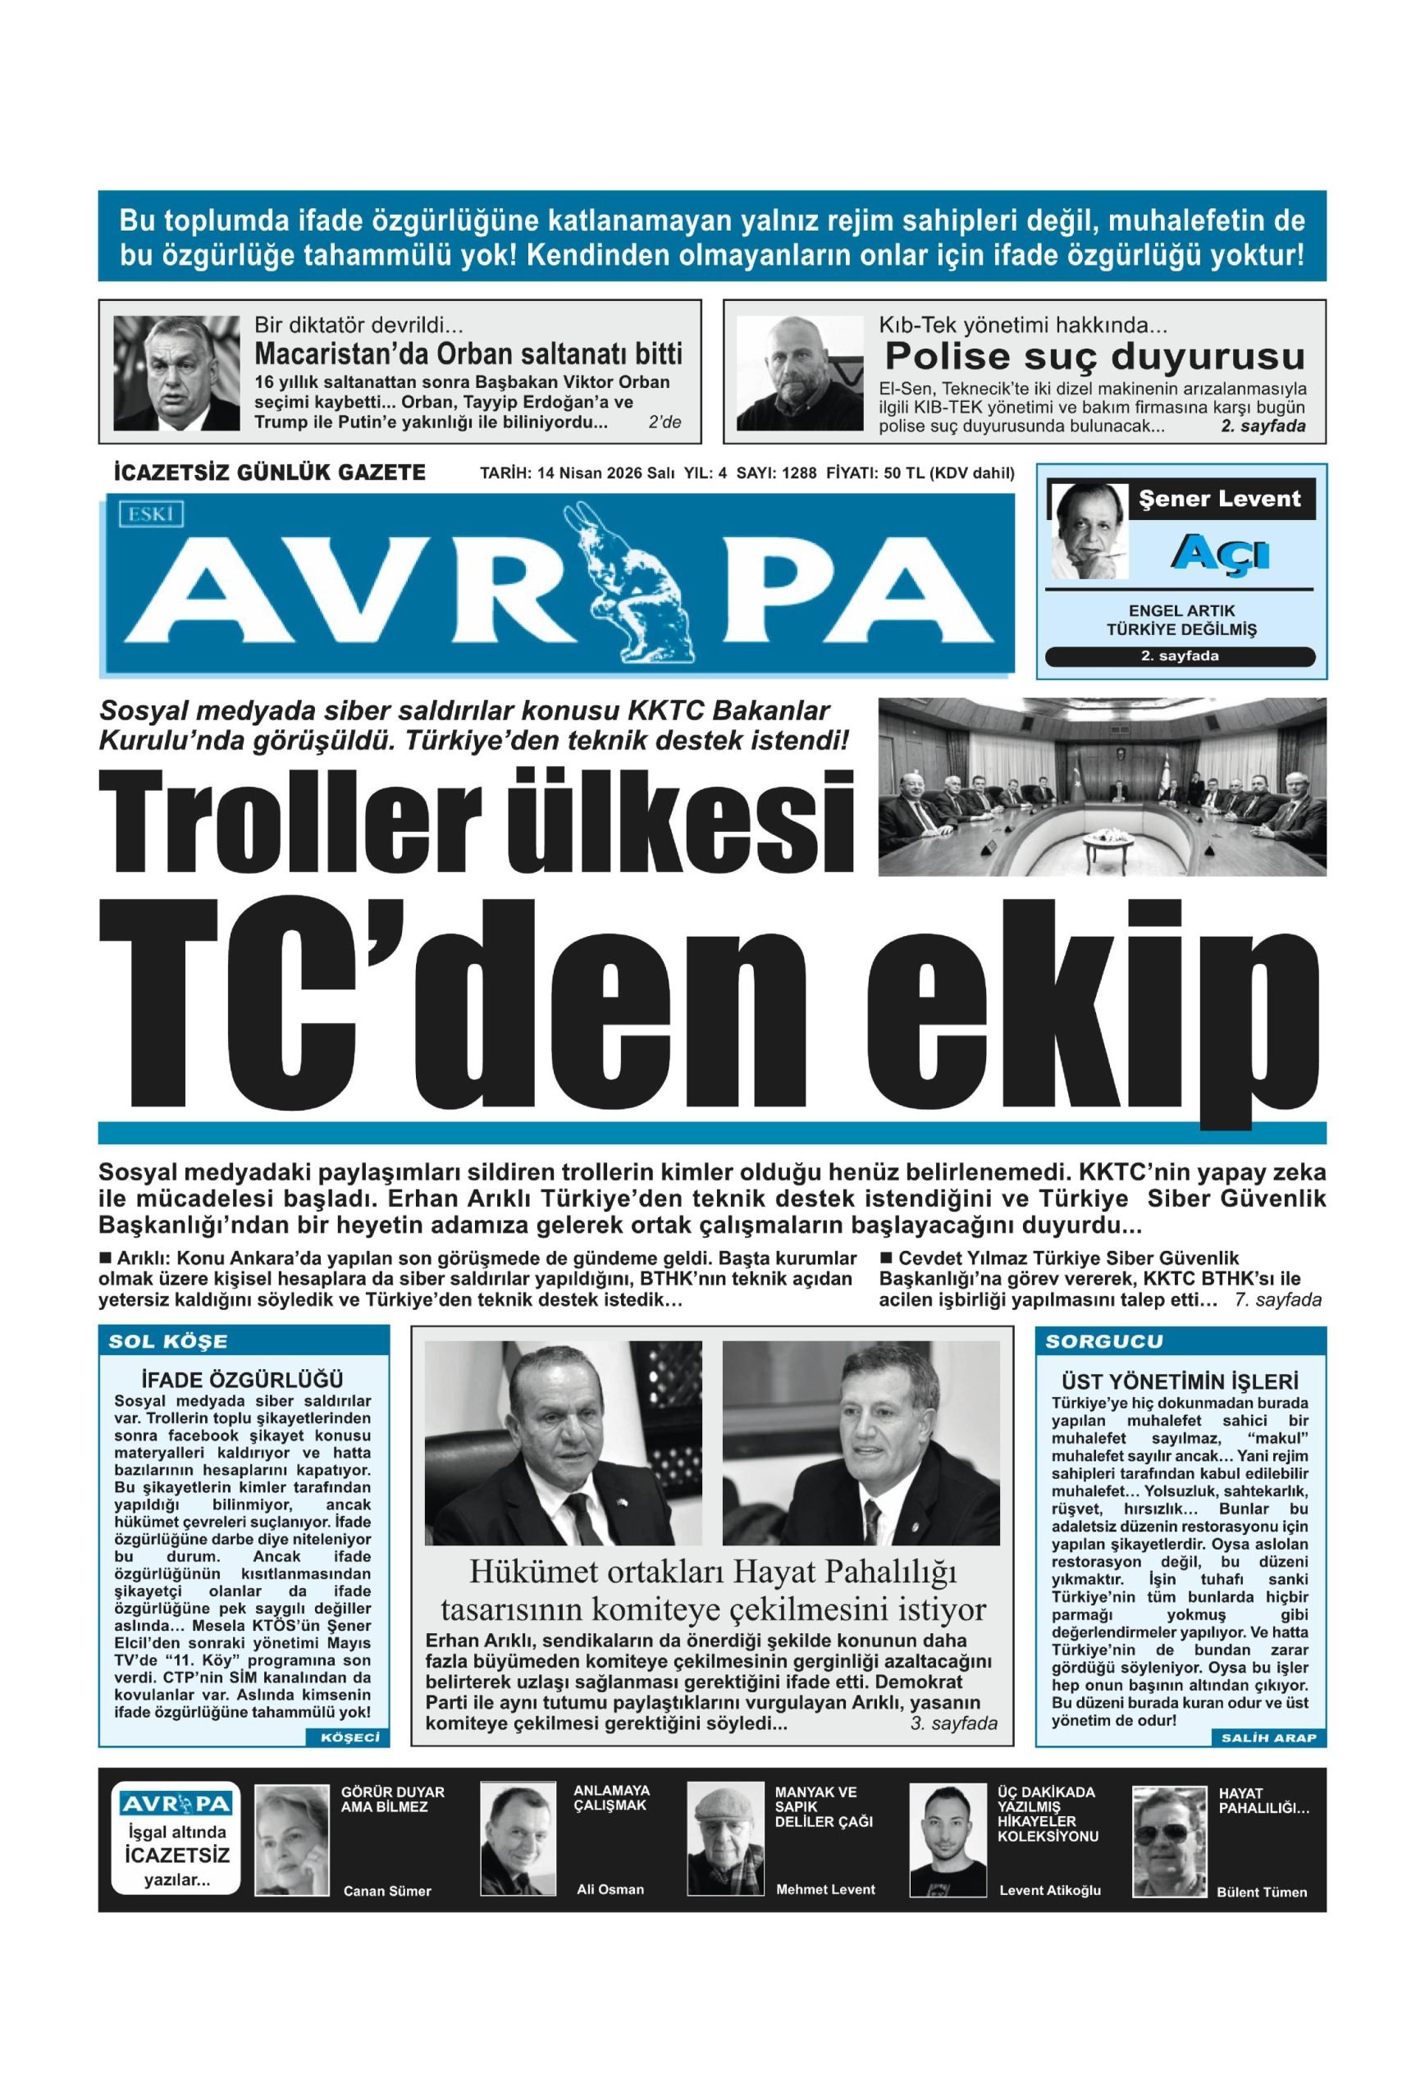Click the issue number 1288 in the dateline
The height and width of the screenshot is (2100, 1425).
click(x=799, y=473)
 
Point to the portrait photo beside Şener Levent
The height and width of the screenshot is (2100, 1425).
click(x=1089, y=531)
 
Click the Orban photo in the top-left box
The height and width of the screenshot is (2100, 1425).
click(x=176, y=372)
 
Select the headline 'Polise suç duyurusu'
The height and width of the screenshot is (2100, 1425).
click(x=1094, y=357)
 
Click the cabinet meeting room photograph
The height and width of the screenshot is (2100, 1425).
click(x=1102, y=786)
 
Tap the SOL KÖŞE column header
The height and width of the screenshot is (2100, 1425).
click(x=168, y=1341)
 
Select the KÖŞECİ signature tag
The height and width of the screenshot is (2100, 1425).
click(x=349, y=1737)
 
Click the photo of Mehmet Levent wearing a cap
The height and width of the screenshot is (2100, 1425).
click(x=725, y=1840)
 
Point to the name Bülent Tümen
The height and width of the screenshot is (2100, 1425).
click(x=1262, y=1892)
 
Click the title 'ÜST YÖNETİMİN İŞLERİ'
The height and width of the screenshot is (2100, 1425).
click(x=1179, y=1381)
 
